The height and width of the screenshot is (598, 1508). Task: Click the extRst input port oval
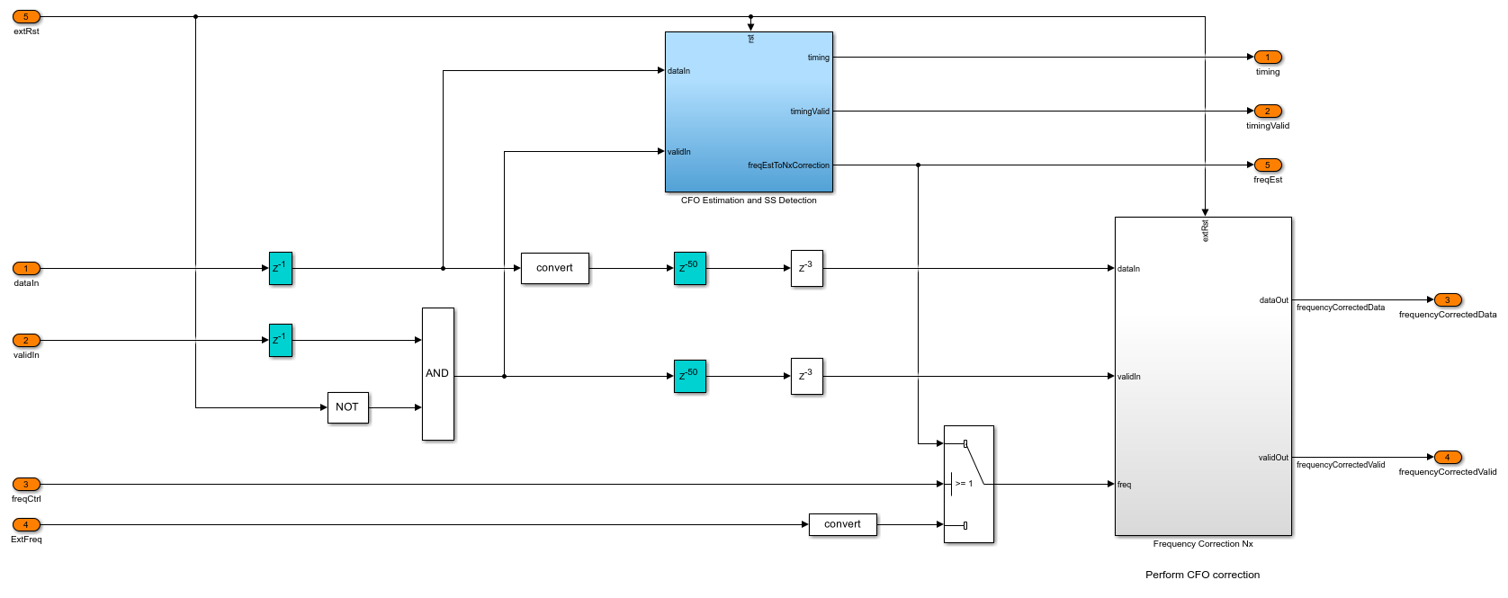tap(26, 17)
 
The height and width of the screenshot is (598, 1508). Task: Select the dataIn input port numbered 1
tap(26, 268)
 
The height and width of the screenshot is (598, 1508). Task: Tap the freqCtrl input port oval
tap(26, 485)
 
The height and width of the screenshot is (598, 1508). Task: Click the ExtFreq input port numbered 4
tap(26, 525)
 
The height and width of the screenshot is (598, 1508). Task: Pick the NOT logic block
tap(347, 407)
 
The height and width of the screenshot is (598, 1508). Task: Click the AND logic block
tap(437, 374)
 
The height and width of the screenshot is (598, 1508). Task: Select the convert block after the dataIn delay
tap(554, 268)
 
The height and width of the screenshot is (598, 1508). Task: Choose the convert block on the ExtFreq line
tap(842, 524)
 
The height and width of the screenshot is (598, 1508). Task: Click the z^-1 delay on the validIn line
tap(280, 340)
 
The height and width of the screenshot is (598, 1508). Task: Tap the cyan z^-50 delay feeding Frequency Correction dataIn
tap(689, 268)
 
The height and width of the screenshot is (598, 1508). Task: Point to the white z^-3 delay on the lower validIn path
tap(806, 376)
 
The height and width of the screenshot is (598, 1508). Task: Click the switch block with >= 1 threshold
tap(968, 484)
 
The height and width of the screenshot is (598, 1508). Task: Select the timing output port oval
tap(1268, 58)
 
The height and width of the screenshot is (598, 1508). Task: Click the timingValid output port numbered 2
tap(1268, 112)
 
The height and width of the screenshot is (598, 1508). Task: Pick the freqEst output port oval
tap(1268, 165)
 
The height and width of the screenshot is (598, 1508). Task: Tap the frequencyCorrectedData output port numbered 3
tap(1447, 300)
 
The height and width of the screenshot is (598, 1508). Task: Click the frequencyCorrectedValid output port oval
tap(1447, 458)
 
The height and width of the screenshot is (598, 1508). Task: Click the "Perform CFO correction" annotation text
tap(1202, 575)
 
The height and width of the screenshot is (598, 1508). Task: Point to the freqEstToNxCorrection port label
tap(788, 165)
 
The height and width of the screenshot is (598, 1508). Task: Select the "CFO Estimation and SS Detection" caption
tap(749, 201)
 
